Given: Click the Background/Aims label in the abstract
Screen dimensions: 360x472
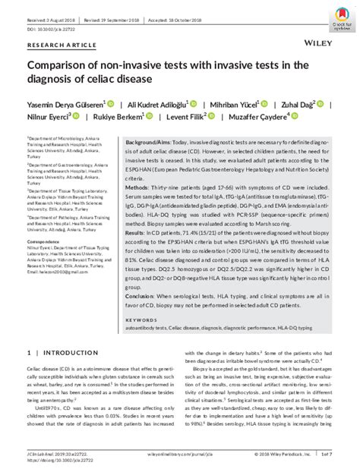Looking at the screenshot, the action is coord(148,143).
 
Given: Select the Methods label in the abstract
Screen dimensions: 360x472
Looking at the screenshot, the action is coord(140,186).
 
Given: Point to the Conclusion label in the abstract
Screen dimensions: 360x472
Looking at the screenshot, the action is coord(142,295).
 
